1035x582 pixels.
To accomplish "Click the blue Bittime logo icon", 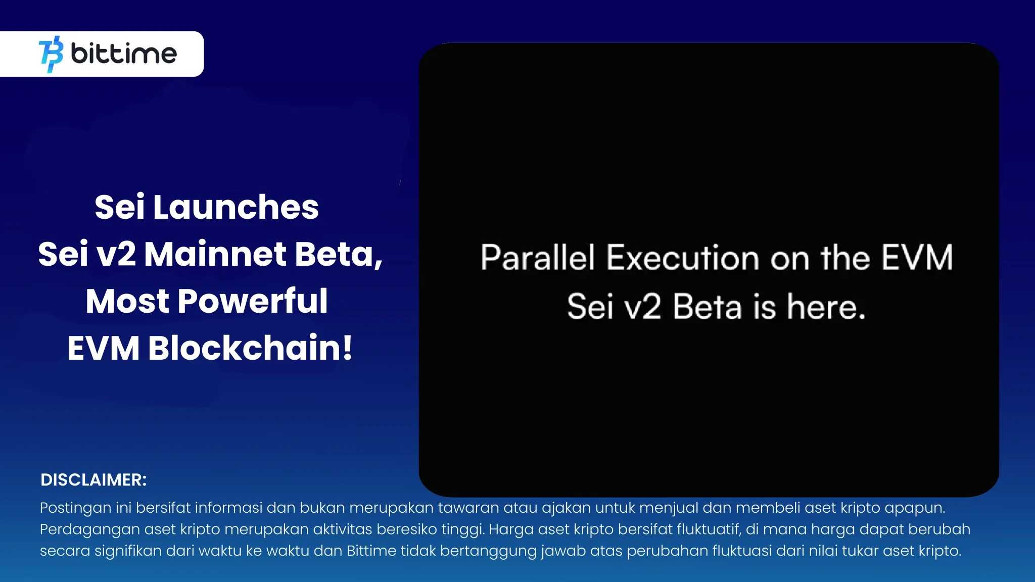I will point(51,54).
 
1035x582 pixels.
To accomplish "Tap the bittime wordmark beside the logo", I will point(124,54).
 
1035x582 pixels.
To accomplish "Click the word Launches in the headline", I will point(236,207).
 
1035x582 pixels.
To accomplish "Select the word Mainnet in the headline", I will point(215,254).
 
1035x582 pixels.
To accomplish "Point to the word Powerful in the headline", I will point(253,301).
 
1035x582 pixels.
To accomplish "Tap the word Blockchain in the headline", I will point(245,348).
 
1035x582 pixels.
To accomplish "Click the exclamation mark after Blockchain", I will point(347,348).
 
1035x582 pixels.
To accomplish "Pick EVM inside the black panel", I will point(917,257).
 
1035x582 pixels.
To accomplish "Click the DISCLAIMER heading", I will point(93,480).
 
